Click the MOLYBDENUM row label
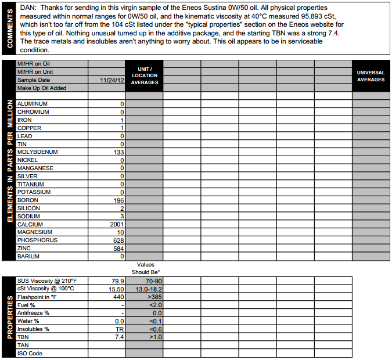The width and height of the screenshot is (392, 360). pyautogui.click(x=37, y=152)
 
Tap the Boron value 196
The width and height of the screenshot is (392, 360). pyautogui.click(x=119, y=200)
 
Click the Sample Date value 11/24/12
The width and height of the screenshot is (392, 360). pyautogui.click(x=112, y=80)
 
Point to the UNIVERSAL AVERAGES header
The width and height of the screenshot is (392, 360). pyautogui.click(x=371, y=76)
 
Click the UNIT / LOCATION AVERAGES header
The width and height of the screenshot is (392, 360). pyautogui.click(x=145, y=75)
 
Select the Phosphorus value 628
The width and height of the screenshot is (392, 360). pyautogui.click(x=119, y=240)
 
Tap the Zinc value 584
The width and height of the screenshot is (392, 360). pyautogui.click(x=119, y=249)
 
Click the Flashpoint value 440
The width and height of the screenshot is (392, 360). pyautogui.click(x=118, y=297)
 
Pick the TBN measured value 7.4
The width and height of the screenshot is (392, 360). pyautogui.click(x=120, y=337)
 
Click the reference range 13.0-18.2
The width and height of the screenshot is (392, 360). pyautogui.click(x=149, y=289)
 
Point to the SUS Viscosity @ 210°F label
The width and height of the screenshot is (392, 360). pyautogui.click(x=47, y=280)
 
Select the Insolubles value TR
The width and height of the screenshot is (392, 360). pyautogui.click(x=120, y=329)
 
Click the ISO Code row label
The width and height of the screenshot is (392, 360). pyautogui.click(x=30, y=353)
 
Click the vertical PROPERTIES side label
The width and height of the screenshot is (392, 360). pyautogui.click(x=9, y=317)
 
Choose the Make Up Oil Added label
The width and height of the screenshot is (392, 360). pyautogui.click(x=42, y=88)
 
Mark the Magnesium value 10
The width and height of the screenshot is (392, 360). pyautogui.click(x=121, y=232)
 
